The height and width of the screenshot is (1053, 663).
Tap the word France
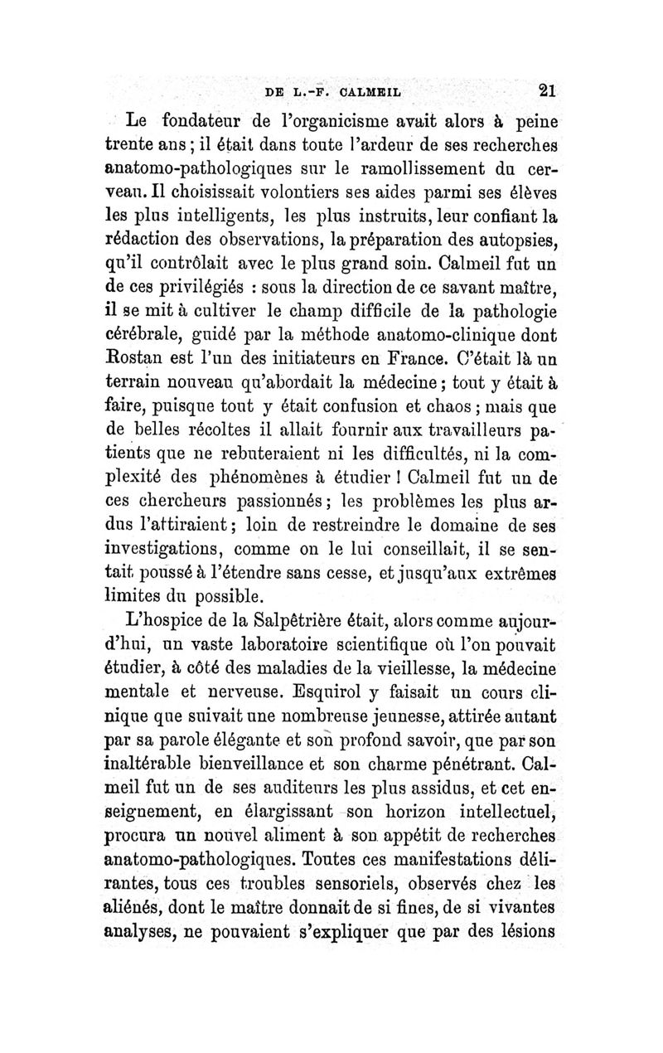(x=420, y=363)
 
